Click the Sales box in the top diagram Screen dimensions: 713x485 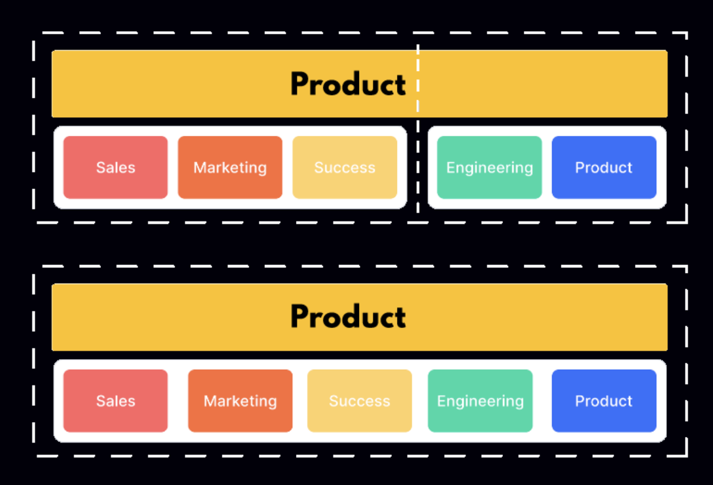pos(115,168)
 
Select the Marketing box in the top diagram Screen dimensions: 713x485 pos(230,168)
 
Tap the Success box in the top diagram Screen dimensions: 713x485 pos(345,168)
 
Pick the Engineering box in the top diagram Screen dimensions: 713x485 pos(489,168)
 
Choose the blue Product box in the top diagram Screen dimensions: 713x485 pos(604,168)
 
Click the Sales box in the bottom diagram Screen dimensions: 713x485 pos(115,401)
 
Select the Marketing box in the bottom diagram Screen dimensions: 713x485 pos(240,401)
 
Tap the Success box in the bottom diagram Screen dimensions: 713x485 pos(360,401)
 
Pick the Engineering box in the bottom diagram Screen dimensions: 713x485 pos(480,401)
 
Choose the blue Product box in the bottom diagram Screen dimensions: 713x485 pos(604,401)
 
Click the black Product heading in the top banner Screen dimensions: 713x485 pos(348,84)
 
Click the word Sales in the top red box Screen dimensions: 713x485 pos(115,168)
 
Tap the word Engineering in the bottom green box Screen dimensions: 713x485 pos(480,401)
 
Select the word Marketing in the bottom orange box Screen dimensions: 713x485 pos(240,401)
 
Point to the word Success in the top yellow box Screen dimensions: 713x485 pos(345,168)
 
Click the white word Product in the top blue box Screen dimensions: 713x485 pos(604,168)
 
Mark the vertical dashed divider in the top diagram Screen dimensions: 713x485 pos(418,129)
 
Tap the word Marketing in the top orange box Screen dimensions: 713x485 pos(230,168)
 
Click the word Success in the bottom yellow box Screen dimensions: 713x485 pos(360,401)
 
